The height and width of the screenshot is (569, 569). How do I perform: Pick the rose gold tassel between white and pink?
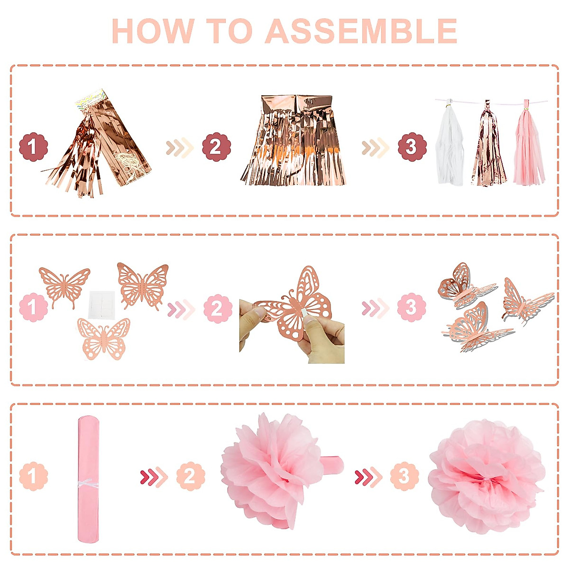[488, 149]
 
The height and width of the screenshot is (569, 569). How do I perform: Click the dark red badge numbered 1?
[33, 147]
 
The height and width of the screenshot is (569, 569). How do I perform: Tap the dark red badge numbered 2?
[216, 147]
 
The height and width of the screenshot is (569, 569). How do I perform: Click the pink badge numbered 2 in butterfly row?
[218, 309]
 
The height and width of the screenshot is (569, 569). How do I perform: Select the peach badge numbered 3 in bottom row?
[404, 476]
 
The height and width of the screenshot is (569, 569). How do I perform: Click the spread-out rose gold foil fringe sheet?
[293, 142]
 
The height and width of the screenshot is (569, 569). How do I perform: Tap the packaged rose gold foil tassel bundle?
[102, 142]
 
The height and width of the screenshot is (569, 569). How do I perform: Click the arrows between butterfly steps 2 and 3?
[375, 309]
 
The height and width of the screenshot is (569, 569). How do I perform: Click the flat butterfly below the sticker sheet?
[103, 338]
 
